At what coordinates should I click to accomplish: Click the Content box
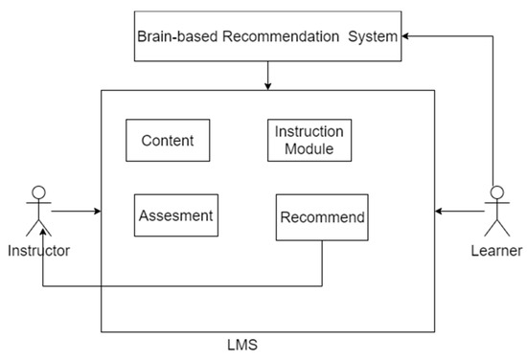[x=168, y=141]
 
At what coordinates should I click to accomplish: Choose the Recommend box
[x=321, y=217]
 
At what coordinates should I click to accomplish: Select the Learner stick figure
[x=495, y=211]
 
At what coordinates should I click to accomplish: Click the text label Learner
[x=495, y=251]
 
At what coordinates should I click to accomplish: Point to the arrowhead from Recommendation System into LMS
[x=269, y=86]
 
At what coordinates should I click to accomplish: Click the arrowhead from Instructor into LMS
[x=96, y=210]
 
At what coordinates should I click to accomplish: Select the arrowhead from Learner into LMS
[x=439, y=210]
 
